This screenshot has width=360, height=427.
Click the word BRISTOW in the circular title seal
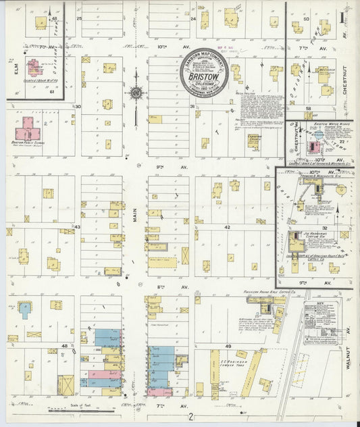click(203, 78)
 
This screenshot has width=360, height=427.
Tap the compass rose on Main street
click(136, 93)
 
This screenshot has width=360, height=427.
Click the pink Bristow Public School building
click(28, 128)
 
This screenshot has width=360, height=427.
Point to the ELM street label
click(13, 68)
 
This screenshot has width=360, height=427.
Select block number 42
click(228, 228)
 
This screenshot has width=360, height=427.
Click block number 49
click(228, 347)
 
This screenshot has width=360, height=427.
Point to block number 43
click(77, 227)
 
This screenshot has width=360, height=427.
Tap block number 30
click(78, 106)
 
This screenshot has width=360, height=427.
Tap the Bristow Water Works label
click(322, 126)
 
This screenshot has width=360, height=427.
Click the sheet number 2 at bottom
click(191, 417)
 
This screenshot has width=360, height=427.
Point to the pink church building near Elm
click(32, 68)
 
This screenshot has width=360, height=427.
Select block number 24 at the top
click(193, 19)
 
